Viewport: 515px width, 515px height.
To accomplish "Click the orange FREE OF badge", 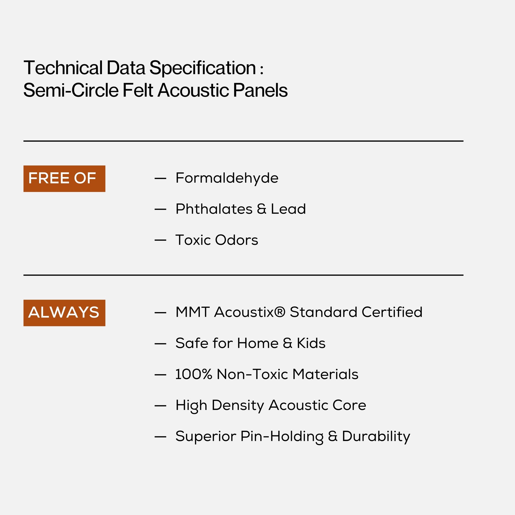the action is (x=64, y=179).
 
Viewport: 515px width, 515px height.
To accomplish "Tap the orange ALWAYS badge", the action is (x=64, y=313).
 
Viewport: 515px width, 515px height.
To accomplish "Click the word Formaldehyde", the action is (x=227, y=178).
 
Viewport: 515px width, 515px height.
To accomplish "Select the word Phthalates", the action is (x=214, y=209).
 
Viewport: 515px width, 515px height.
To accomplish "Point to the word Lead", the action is (x=288, y=209).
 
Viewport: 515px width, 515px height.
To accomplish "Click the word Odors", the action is (x=236, y=240).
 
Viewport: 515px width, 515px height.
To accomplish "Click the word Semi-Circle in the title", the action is (x=71, y=90).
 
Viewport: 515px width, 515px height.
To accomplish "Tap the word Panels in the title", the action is (x=260, y=90).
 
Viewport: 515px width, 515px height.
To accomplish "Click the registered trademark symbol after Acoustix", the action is (x=280, y=312).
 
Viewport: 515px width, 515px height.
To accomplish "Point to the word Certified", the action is (x=392, y=312).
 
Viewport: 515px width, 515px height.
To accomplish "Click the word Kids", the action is (x=311, y=343).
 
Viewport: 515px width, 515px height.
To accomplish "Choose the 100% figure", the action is (x=193, y=374).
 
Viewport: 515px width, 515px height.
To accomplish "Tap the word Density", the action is (x=237, y=406).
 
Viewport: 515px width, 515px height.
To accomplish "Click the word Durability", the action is (x=376, y=437).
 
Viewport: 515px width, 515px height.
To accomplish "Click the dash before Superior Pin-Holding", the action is (x=160, y=437).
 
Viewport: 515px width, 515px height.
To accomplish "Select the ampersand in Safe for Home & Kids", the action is (x=288, y=343).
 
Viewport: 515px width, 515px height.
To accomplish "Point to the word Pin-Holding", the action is (x=282, y=437).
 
